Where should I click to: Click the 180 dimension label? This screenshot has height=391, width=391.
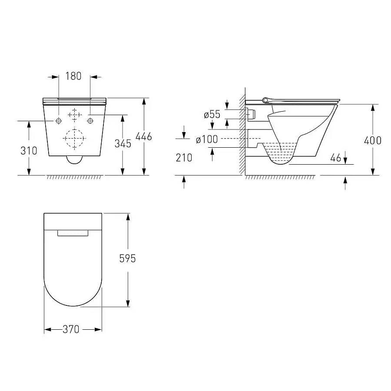tap(73, 76)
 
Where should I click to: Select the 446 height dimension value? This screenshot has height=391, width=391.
tap(144, 136)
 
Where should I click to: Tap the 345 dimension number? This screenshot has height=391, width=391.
tap(123, 144)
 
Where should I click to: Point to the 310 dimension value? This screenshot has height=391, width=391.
tap(29, 151)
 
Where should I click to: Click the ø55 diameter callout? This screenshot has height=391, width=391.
tap(212, 114)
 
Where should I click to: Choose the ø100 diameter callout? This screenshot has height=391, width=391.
tap(207, 139)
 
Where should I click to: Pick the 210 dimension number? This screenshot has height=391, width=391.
tap(184, 158)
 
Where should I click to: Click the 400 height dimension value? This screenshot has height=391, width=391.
tap(373, 141)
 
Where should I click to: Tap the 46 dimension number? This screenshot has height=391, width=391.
tap(335, 158)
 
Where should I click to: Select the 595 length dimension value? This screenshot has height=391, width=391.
tap(127, 258)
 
